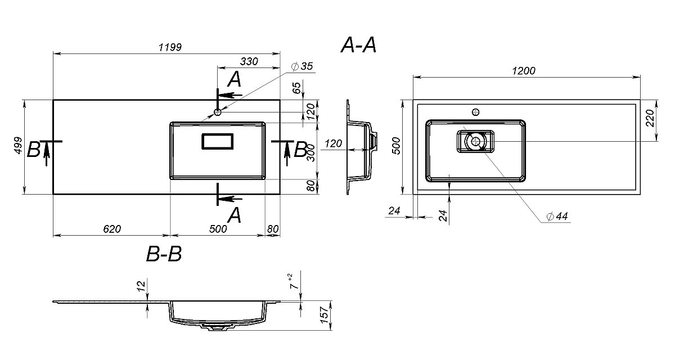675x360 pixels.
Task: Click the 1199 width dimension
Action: (170, 47)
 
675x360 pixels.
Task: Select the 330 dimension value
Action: (249, 61)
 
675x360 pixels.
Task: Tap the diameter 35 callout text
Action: (303, 66)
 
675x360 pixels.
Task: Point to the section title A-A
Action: (359, 46)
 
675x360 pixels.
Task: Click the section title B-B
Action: (164, 254)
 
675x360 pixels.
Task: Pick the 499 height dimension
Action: (19, 146)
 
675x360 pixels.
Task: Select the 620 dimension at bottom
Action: (112, 229)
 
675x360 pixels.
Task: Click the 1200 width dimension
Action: (524, 71)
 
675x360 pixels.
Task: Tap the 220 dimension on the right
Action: (650, 118)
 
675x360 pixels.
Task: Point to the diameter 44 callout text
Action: (557, 216)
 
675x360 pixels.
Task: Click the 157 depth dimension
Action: (324, 315)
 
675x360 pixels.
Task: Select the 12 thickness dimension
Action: (141, 286)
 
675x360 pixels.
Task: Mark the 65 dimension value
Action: (297, 88)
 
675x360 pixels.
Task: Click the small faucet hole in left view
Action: (218, 112)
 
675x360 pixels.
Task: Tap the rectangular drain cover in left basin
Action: (218, 141)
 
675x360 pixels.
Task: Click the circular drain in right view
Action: (476, 141)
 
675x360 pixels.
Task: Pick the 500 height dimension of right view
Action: (397, 146)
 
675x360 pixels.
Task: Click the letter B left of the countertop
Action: (33, 150)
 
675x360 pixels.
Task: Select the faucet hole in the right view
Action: (476, 112)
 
